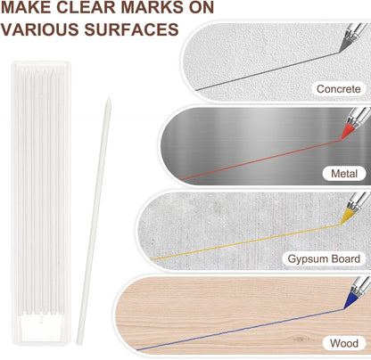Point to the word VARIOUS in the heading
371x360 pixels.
coord(39,29)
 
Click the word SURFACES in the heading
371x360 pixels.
coord(131,29)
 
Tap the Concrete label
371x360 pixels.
coord(338,88)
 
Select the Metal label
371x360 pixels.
coord(344,174)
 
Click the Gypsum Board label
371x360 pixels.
coord(324,258)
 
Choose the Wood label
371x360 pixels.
coord(344,343)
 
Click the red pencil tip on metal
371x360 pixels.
coord(347,132)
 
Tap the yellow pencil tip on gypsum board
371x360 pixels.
coord(347,217)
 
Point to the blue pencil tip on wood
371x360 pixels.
coord(350,301)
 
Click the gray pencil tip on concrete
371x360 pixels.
coord(345,45)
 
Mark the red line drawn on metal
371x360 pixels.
coord(261,160)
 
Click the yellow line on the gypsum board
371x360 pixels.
coord(246,242)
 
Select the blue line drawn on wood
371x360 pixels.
coord(240,330)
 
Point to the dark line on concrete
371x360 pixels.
coord(268,71)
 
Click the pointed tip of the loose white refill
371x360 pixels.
coord(109,97)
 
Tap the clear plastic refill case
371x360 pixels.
coord(41,203)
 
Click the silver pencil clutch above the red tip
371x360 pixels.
coord(359,117)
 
